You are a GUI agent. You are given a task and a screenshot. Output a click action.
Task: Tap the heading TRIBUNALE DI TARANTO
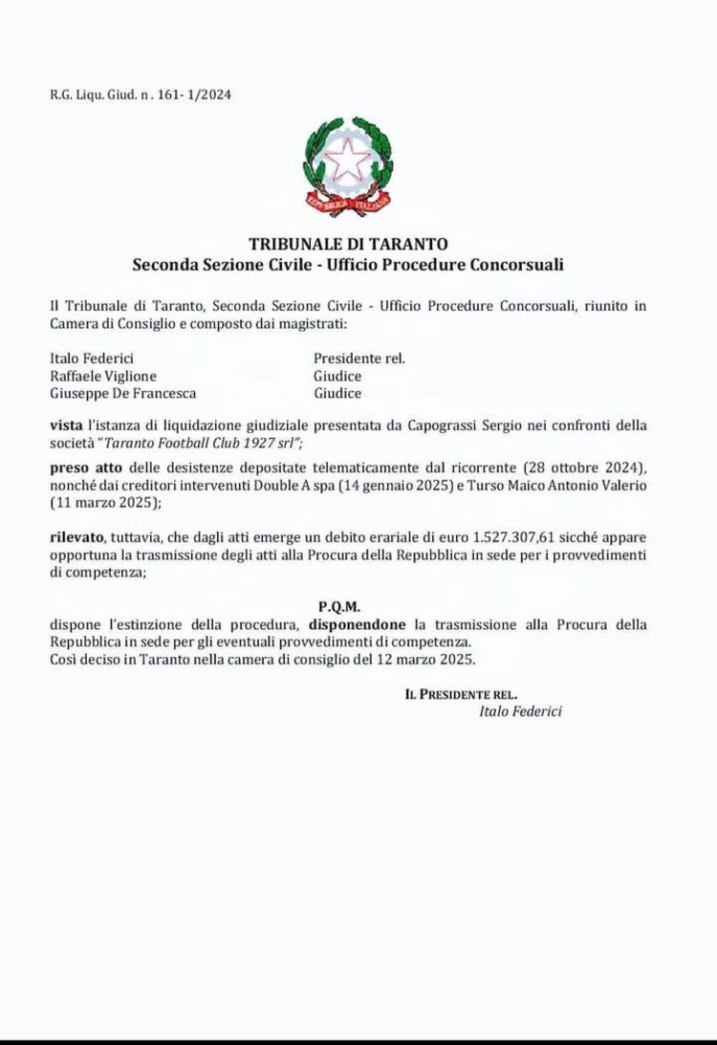[348, 244]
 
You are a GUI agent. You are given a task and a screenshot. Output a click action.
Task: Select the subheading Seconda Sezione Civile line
[348, 262]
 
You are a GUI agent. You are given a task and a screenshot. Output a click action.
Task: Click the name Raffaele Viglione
[102, 376]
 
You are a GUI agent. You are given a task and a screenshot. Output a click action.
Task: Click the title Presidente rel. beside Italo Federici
[359, 359]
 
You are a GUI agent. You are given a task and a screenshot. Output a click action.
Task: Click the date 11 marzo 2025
[90, 503]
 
